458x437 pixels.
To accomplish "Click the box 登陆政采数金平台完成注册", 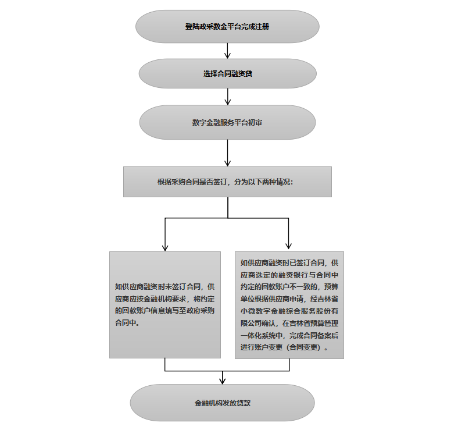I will [227, 27].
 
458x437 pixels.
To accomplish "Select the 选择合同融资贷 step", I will [227, 74].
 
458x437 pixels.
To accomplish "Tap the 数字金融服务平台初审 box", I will [227, 122].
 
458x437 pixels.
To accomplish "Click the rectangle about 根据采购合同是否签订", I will [227, 182].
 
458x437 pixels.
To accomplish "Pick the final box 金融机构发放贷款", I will [223, 403].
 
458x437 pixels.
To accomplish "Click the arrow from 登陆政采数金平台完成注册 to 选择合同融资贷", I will [227, 51].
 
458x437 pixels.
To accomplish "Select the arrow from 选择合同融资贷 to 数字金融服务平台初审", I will [227, 97].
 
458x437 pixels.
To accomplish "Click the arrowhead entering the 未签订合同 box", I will [165, 246].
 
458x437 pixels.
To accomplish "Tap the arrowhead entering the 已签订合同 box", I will [289, 246].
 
